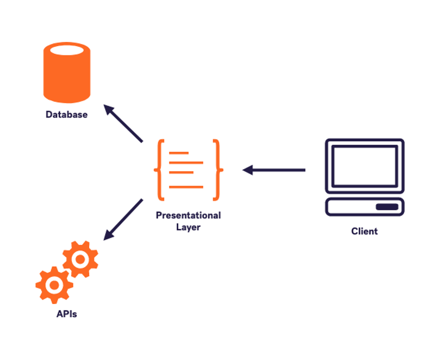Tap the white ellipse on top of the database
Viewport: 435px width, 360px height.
[67, 50]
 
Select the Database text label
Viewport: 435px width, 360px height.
[66, 115]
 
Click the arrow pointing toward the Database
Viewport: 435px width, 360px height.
[123, 123]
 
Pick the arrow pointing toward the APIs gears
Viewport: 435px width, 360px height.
[123, 219]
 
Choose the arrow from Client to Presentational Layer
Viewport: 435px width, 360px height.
[274, 170]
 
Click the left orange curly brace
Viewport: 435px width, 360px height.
[159, 170]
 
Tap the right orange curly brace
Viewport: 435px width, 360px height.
[218, 170]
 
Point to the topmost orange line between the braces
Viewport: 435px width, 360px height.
[179, 153]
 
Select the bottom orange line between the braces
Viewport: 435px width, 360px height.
[186, 187]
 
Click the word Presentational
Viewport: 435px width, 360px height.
[188, 215]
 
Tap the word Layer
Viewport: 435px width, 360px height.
[188, 227]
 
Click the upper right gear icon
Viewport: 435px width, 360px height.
[80, 259]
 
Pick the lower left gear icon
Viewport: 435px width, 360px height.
[54, 285]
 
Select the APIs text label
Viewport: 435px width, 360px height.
[66, 314]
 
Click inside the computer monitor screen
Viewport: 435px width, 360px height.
[364, 166]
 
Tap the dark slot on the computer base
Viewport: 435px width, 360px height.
[387, 207]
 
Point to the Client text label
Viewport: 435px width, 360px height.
[364, 231]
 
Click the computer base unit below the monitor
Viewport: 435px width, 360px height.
[364, 207]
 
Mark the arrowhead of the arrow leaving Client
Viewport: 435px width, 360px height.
[247, 170]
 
